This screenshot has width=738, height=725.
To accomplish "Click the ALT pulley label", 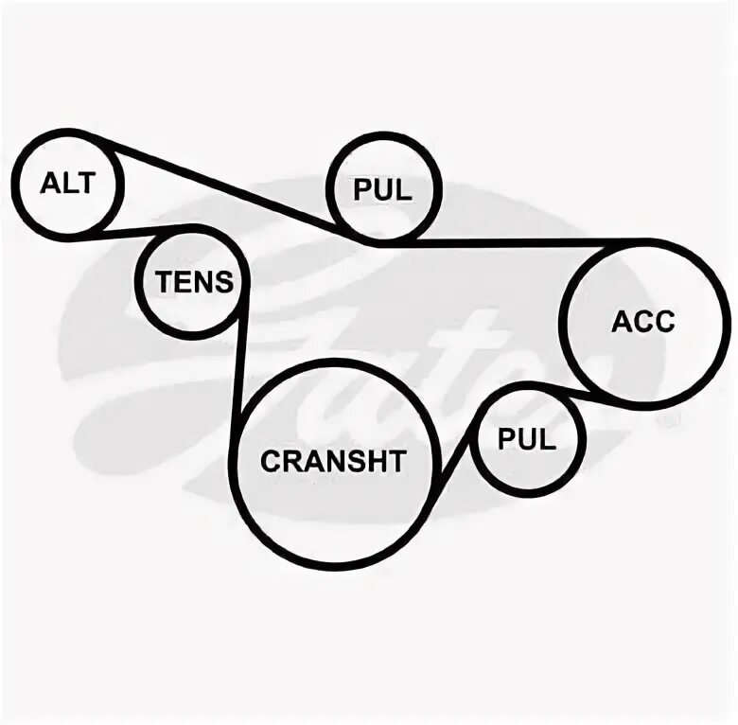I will [x=67, y=183].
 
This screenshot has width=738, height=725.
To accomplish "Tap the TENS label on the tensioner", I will [x=194, y=281].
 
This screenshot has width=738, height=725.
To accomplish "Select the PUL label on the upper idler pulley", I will [x=383, y=190].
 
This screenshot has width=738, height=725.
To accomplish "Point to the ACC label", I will [x=643, y=321].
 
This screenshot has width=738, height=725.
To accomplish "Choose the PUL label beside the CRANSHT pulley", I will [x=527, y=439].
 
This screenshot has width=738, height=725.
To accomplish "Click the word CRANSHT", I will [x=332, y=461].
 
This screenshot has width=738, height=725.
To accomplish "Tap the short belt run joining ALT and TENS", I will [x=142, y=230].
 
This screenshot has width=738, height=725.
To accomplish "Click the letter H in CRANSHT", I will [x=375, y=461].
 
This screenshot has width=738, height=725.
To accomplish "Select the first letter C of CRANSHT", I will [x=270, y=461].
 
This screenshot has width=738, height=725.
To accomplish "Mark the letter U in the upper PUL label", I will [x=383, y=190].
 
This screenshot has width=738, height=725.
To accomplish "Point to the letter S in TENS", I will [x=223, y=281].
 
